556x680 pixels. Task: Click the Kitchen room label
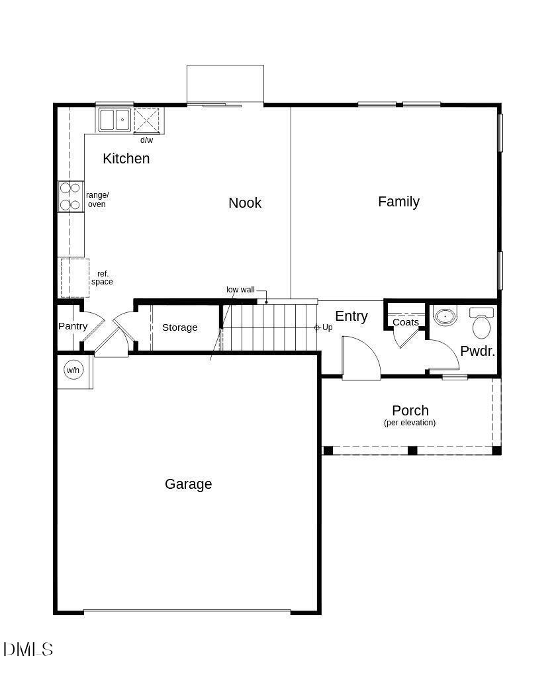pyautogui.click(x=126, y=159)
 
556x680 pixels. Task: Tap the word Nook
pyautogui.click(x=245, y=203)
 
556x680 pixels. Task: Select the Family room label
pyautogui.click(x=399, y=202)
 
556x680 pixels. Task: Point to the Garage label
pyautogui.click(x=189, y=484)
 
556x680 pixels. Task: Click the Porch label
pyautogui.click(x=410, y=410)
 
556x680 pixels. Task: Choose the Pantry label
pyautogui.click(x=73, y=326)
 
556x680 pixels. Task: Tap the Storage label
pyautogui.click(x=179, y=327)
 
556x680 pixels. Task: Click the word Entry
pyautogui.click(x=351, y=316)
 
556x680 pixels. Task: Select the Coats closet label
pyautogui.click(x=406, y=322)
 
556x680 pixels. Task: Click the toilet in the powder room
pyautogui.click(x=481, y=323)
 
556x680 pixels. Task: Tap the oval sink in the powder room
pyautogui.click(x=445, y=317)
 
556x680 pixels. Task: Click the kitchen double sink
pyautogui.click(x=115, y=120)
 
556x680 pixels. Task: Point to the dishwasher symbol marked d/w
pyautogui.click(x=147, y=120)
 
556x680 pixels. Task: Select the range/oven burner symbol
pyautogui.click(x=71, y=196)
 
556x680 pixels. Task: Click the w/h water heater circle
pyautogui.click(x=73, y=370)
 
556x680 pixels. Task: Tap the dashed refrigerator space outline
pyautogui.click(x=75, y=278)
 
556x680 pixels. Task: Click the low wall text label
pyautogui.click(x=240, y=290)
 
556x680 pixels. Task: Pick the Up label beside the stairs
pyautogui.click(x=327, y=327)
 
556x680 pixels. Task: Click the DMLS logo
pyautogui.click(x=28, y=649)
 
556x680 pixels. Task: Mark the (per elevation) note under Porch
pyautogui.click(x=410, y=423)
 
